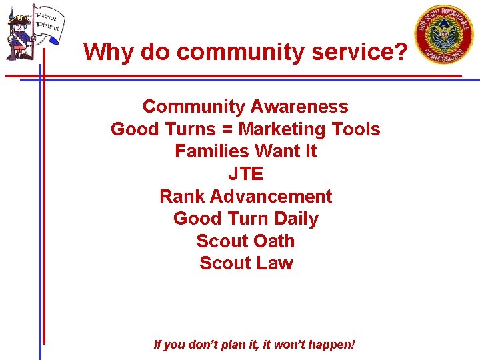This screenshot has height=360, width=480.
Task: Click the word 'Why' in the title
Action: [x=108, y=51]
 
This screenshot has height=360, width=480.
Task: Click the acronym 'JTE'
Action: [x=246, y=174]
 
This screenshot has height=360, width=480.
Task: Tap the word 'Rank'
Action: [x=182, y=197]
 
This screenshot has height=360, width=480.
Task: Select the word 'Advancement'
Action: [x=271, y=197]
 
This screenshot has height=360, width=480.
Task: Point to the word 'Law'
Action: [x=275, y=263]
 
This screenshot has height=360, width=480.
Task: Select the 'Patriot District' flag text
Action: [x=47, y=21]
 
